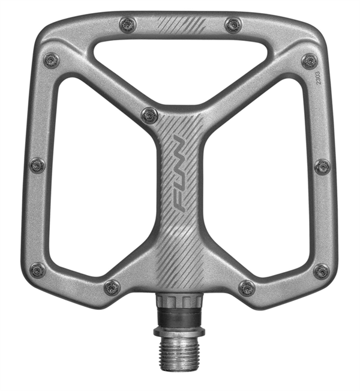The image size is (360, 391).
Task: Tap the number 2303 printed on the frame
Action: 319,78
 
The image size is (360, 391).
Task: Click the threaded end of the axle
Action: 179,347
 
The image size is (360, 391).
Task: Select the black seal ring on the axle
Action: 179,319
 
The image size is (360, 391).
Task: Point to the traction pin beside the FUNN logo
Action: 149,115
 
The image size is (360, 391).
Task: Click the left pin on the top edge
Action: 128,25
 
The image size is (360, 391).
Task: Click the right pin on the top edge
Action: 233,25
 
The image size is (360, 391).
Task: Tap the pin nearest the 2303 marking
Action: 310,61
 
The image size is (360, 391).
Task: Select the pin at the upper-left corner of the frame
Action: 52,60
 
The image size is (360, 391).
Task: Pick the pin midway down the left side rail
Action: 38,165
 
